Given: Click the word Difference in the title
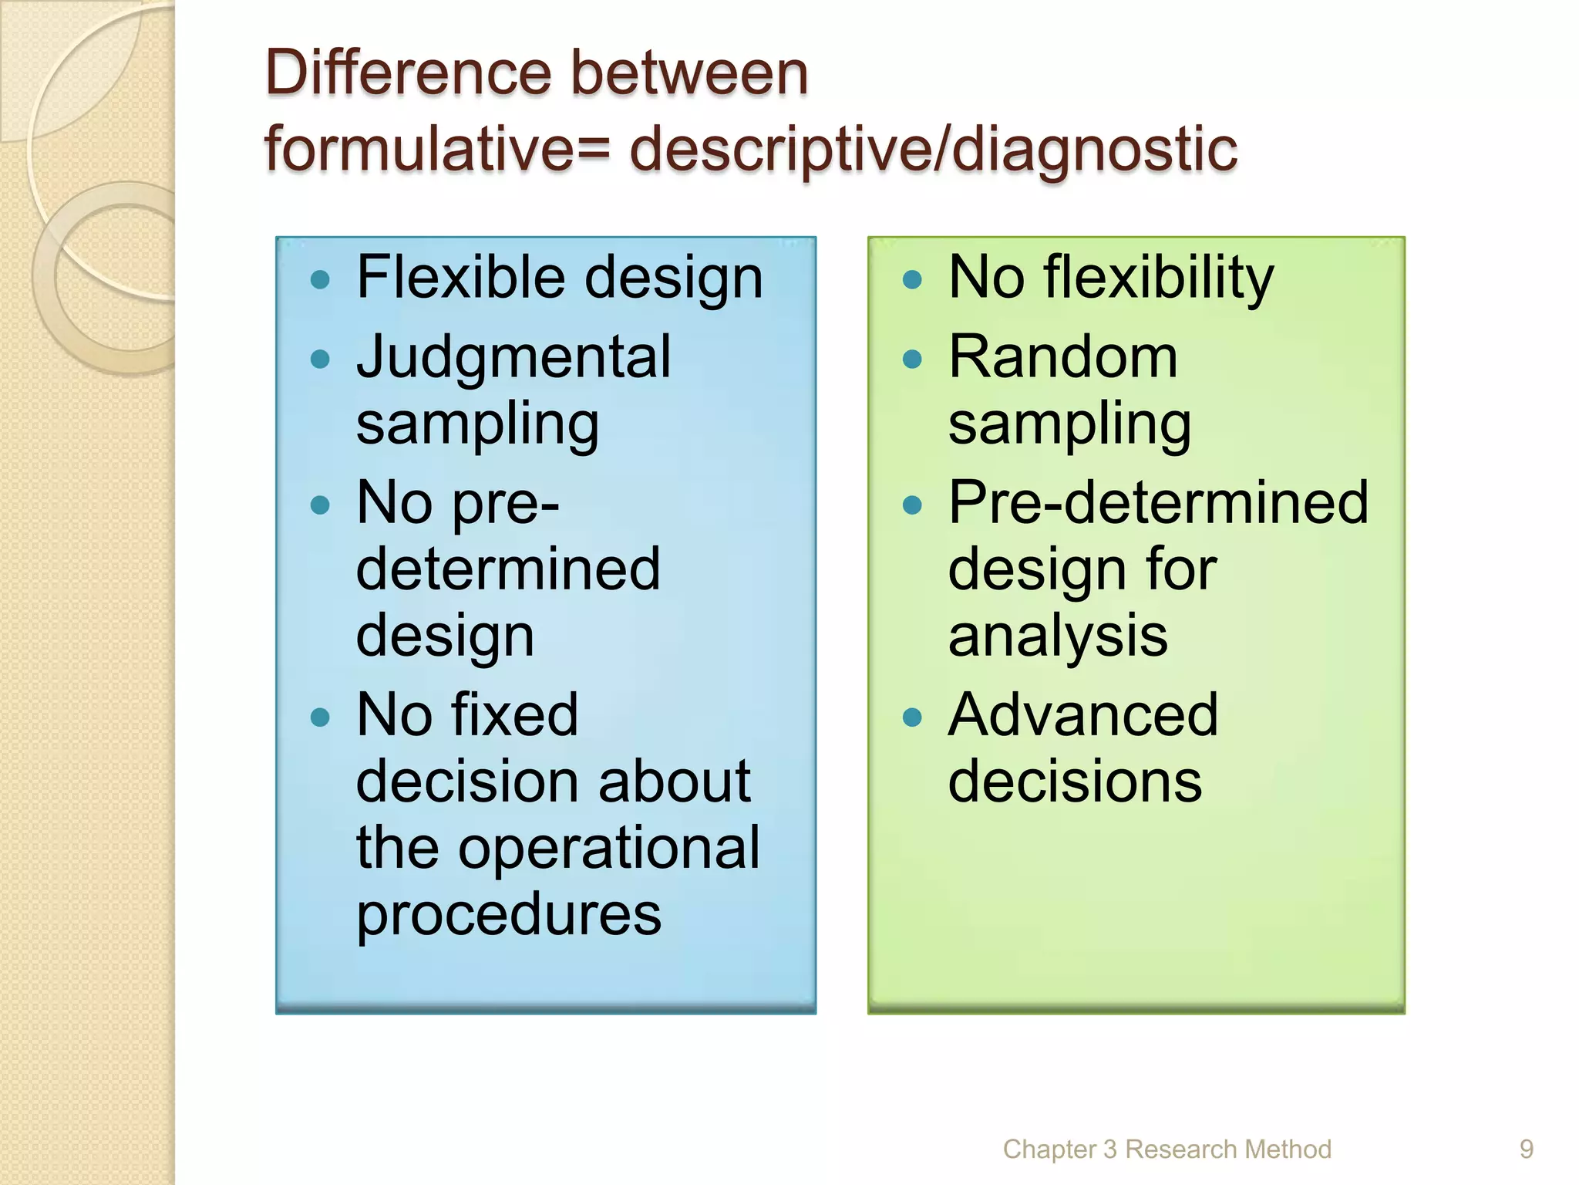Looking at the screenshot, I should pyautogui.click(x=409, y=73).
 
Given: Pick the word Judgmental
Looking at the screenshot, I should pyautogui.click(x=513, y=357).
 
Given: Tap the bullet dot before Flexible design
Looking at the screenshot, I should pyautogui.click(x=320, y=279).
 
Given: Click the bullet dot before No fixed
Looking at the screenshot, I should pyautogui.click(x=320, y=717).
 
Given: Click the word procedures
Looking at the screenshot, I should pyautogui.click(x=509, y=915).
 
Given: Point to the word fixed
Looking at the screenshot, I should pyautogui.click(x=513, y=715).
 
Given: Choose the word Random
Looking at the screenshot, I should pyautogui.click(x=1063, y=357).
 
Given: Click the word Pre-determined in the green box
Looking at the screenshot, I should pyautogui.click(x=1158, y=503).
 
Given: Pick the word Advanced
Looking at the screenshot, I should pyautogui.click(x=1083, y=715).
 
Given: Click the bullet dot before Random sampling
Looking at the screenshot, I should pyautogui.click(x=912, y=359).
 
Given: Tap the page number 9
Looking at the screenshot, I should pyautogui.click(x=1526, y=1150).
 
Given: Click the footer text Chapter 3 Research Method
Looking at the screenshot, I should pyautogui.click(x=1167, y=1150).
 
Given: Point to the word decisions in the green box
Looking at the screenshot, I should pyautogui.click(x=1075, y=782).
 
